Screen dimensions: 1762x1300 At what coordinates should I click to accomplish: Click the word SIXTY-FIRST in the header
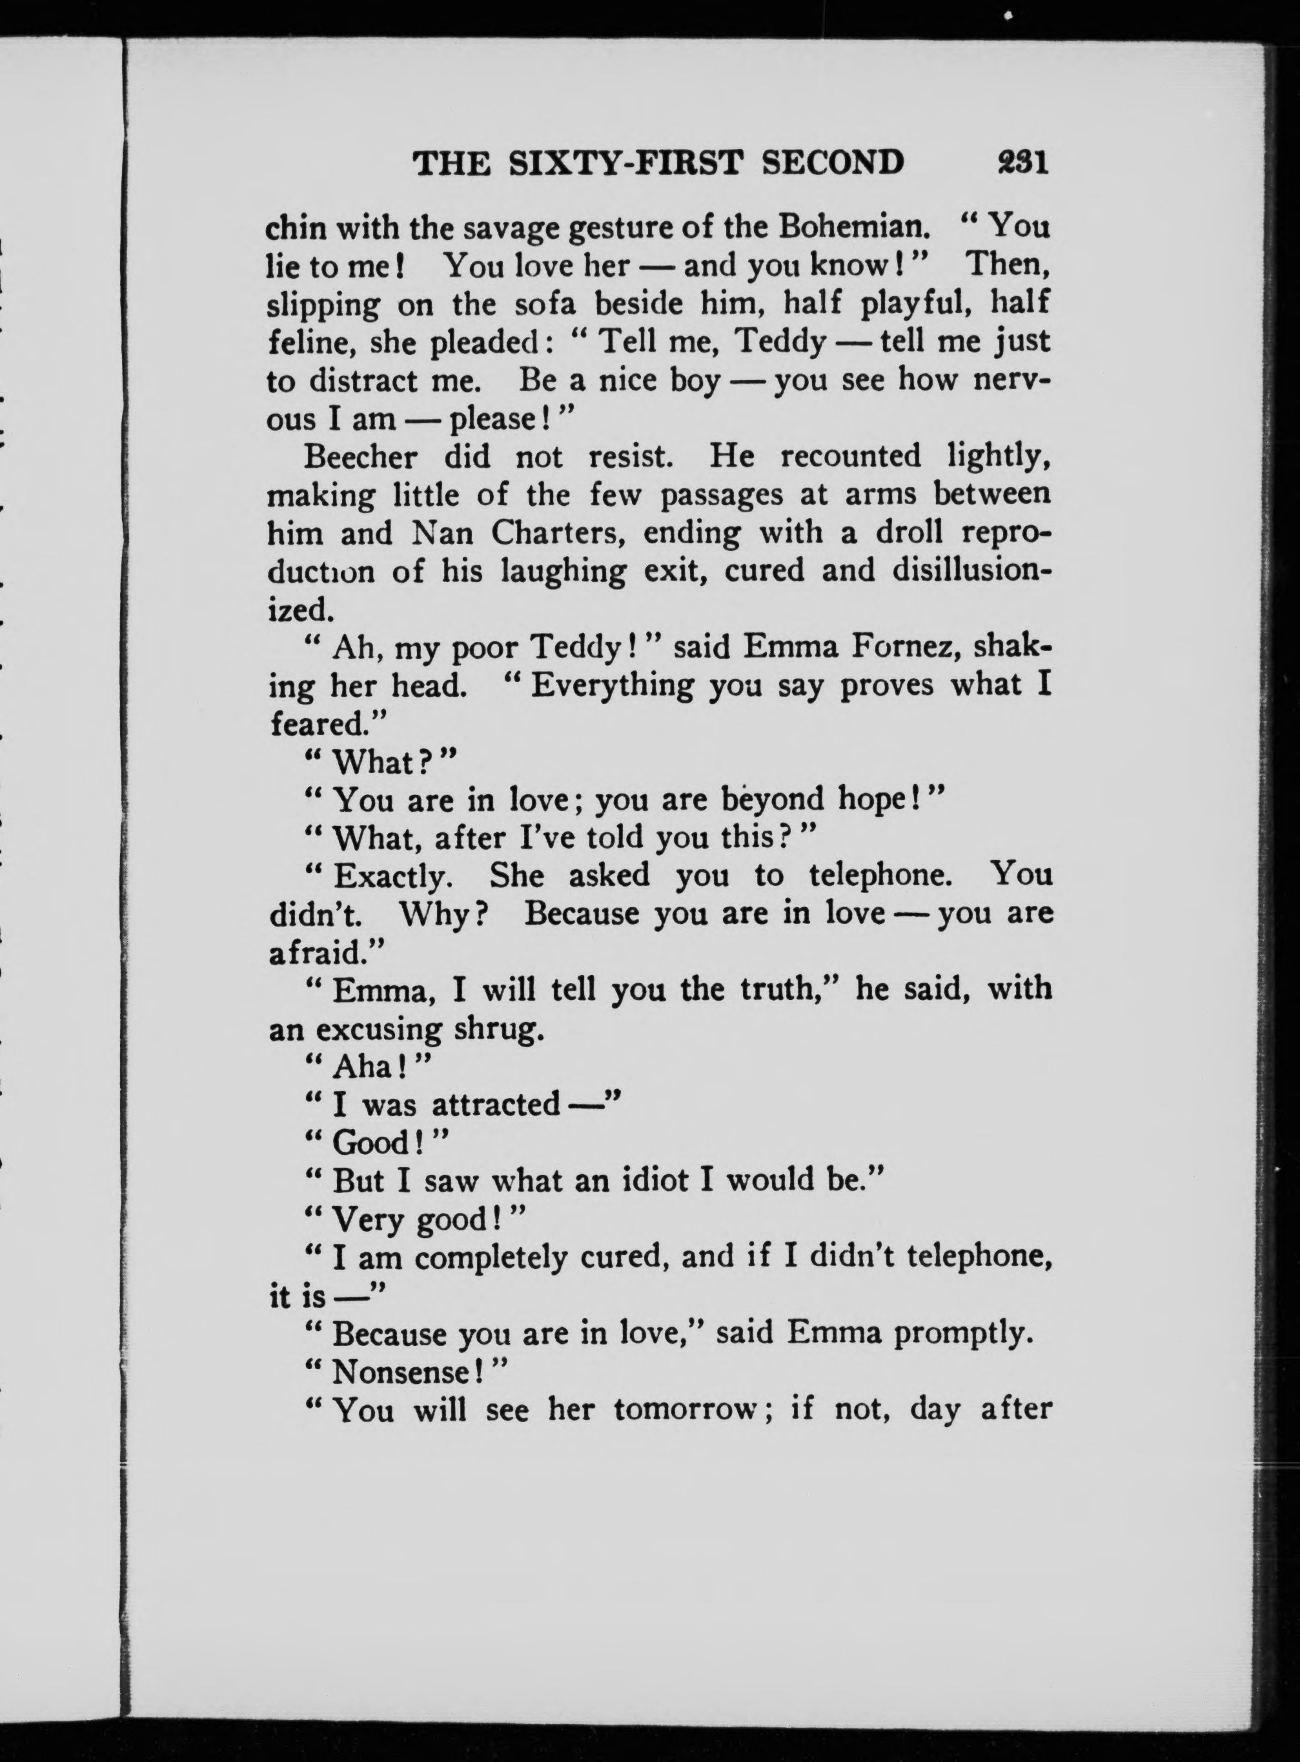[x=625, y=163]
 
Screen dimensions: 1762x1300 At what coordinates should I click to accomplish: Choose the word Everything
[x=612, y=685]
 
